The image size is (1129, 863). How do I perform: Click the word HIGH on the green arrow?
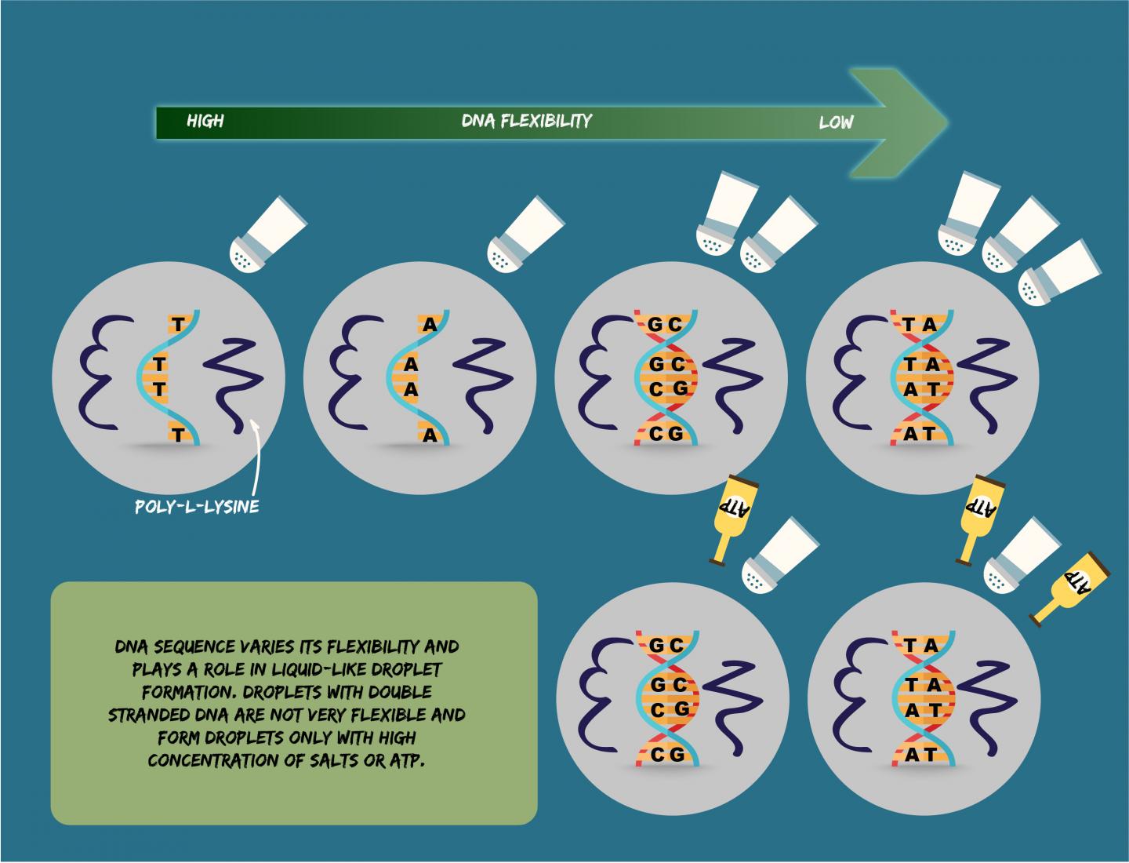click(x=205, y=121)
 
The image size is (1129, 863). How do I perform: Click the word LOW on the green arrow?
click(x=836, y=122)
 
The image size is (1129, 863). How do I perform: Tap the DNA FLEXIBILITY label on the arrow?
click(x=526, y=121)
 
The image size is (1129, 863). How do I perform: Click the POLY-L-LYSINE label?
click(x=197, y=506)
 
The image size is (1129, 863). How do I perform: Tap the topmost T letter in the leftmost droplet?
click(x=178, y=324)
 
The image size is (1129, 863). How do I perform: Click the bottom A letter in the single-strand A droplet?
click(x=429, y=435)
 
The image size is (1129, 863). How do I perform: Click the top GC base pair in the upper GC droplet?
click(x=665, y=324)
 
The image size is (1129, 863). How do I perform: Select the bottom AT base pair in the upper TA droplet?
click(x=919, y=433)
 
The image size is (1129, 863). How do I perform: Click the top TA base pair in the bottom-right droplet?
click(x=920, y=645)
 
